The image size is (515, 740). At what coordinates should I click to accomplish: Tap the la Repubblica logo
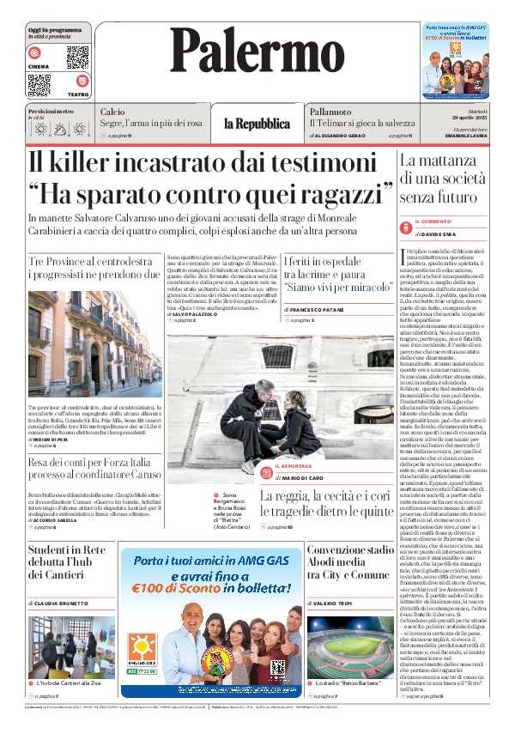tap(257, 124)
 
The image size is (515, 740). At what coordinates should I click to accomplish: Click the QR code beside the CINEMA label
tap(77, 57)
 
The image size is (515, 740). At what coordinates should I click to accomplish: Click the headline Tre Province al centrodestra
tap(94, 267)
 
